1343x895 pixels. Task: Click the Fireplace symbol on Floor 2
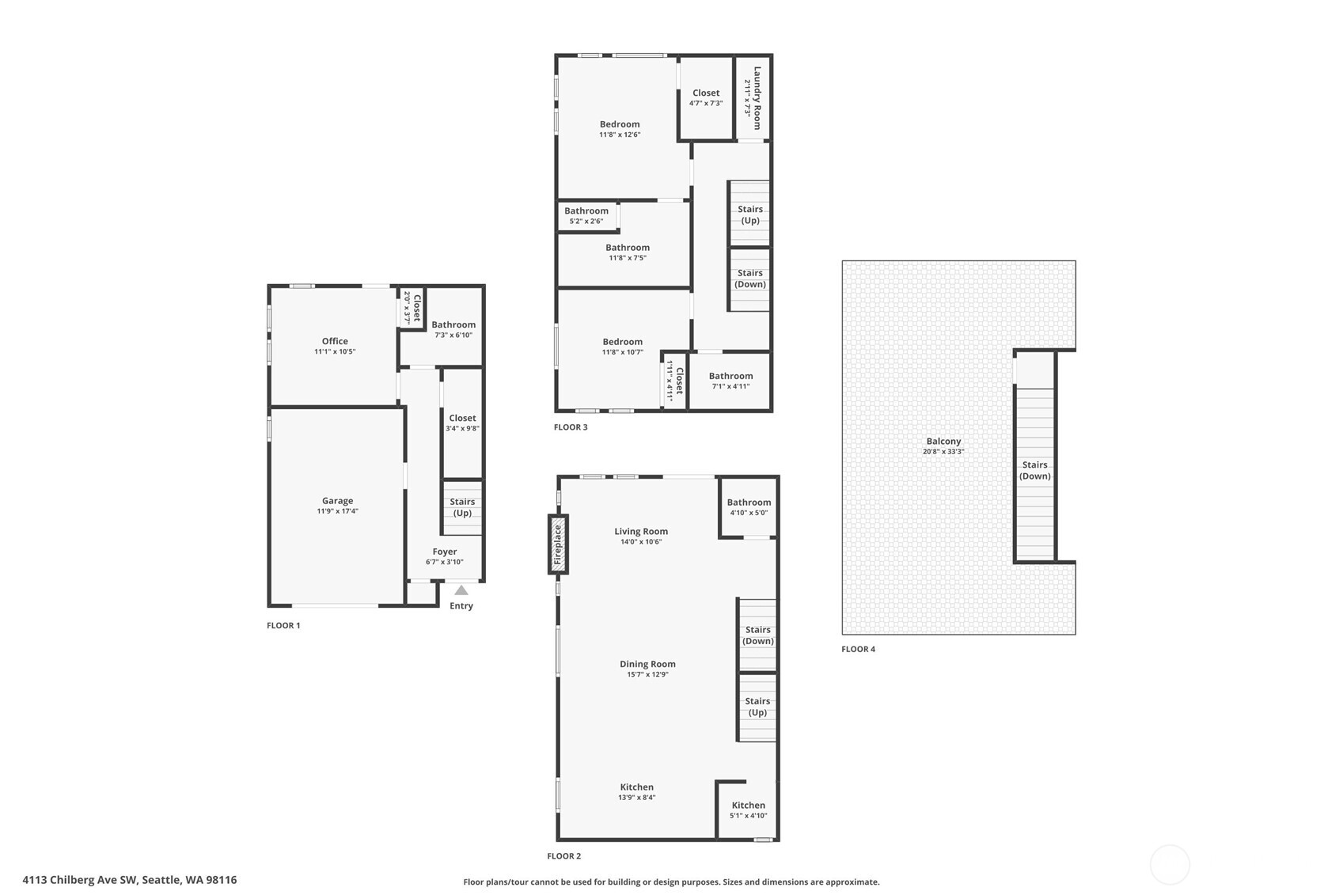[558, 544]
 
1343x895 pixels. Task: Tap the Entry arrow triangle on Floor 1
[461, 590]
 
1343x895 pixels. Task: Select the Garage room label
[337, 501]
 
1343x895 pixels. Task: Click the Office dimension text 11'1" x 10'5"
[335, 351]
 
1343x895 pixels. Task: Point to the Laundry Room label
[757, 98]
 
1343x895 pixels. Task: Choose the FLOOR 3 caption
[571, 427]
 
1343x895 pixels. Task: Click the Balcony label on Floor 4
[943, 442]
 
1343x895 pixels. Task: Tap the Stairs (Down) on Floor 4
[1034, 470]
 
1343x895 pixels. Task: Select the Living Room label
[641, 532]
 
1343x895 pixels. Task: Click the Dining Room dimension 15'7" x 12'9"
[647, 674]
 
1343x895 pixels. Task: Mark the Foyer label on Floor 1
[445, 552]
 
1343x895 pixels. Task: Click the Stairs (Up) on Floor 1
[462, 506]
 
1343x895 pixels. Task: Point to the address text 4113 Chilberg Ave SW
[81, 880]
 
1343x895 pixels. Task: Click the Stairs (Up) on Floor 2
[757, 707]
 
